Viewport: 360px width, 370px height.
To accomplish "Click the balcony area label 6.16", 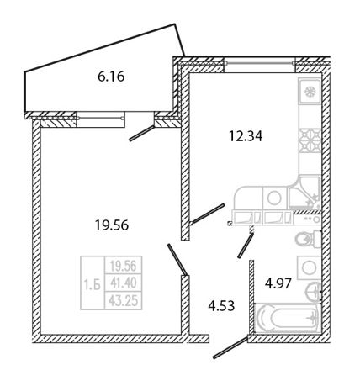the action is [111, 77].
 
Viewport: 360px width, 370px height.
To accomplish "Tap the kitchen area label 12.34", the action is [246, 136].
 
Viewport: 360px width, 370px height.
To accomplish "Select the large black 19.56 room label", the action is [112, 225].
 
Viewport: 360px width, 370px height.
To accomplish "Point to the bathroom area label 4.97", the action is [278, 283].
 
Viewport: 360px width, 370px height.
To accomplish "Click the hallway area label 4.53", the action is [221, 306].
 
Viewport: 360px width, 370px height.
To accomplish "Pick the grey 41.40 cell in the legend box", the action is [124, 283].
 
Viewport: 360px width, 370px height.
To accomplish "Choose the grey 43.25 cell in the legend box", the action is [124, 301].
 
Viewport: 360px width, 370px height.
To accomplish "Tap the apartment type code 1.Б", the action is [93, 286].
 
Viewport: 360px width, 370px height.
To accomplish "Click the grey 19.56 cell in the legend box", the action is [124, 265].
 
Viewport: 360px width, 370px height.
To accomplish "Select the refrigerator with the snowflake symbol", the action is [310, 91].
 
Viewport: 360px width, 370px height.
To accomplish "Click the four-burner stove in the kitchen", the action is [310, 140].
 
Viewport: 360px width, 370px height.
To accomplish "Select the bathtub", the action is [288, 318].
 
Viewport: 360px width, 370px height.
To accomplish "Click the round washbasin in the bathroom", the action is [313, 292].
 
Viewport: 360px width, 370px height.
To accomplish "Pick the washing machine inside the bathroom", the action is [309, 267].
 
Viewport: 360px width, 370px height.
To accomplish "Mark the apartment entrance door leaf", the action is [230, 348].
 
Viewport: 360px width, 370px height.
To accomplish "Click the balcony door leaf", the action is [142, 133].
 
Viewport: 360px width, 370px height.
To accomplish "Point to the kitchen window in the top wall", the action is [260, 64].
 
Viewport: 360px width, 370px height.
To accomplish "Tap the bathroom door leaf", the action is [246, 246].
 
